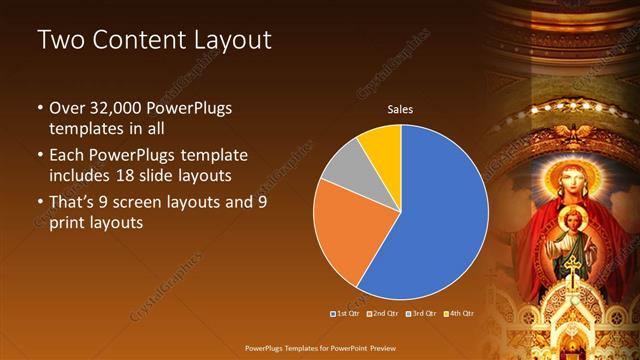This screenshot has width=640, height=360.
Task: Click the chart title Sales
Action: [401, 110]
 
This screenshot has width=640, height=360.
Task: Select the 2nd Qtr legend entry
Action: [386, 314]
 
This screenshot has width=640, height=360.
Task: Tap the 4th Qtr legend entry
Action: [460, 314]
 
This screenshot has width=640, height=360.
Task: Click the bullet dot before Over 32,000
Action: [39, 108]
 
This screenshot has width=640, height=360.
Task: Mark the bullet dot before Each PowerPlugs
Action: [39, 157]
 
